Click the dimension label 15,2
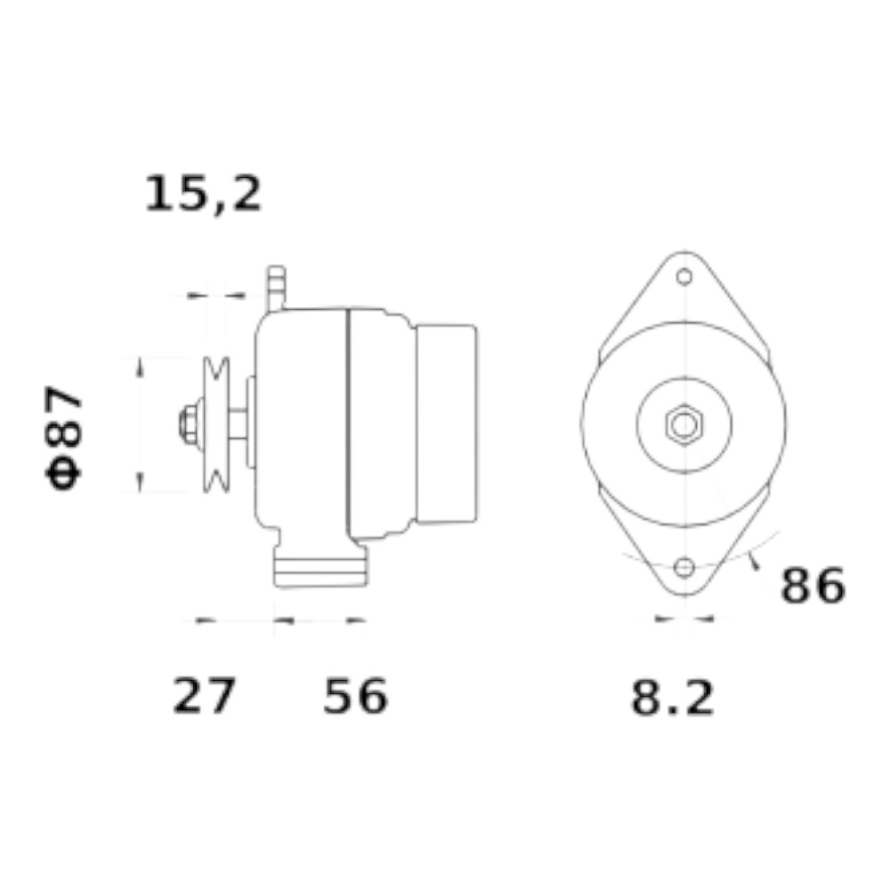(203, 194)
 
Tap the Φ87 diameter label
(63, 437)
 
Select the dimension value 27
(203, 696)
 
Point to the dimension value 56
(355, 696)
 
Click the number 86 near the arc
(813, 586)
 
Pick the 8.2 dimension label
(673, 698)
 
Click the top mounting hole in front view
(684, 277)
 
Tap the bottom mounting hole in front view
(684, 567)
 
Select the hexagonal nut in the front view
(684, 425)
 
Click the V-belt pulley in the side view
(216, 425)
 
